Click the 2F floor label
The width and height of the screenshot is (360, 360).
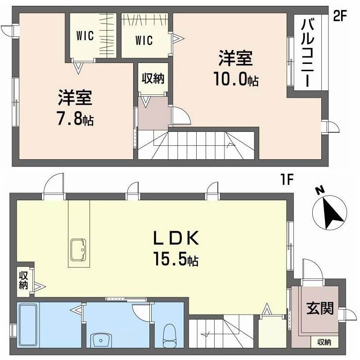(x=341, y=16)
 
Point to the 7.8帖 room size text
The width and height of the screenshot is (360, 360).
(x=75, y=120)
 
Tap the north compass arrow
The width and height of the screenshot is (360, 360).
(x=330, y=211)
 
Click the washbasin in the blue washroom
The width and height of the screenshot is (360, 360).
(x=102, y=340)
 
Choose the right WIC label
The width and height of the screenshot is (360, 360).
(x=144, y=40)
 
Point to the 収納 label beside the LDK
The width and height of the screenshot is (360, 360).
(x=23, y=280)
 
